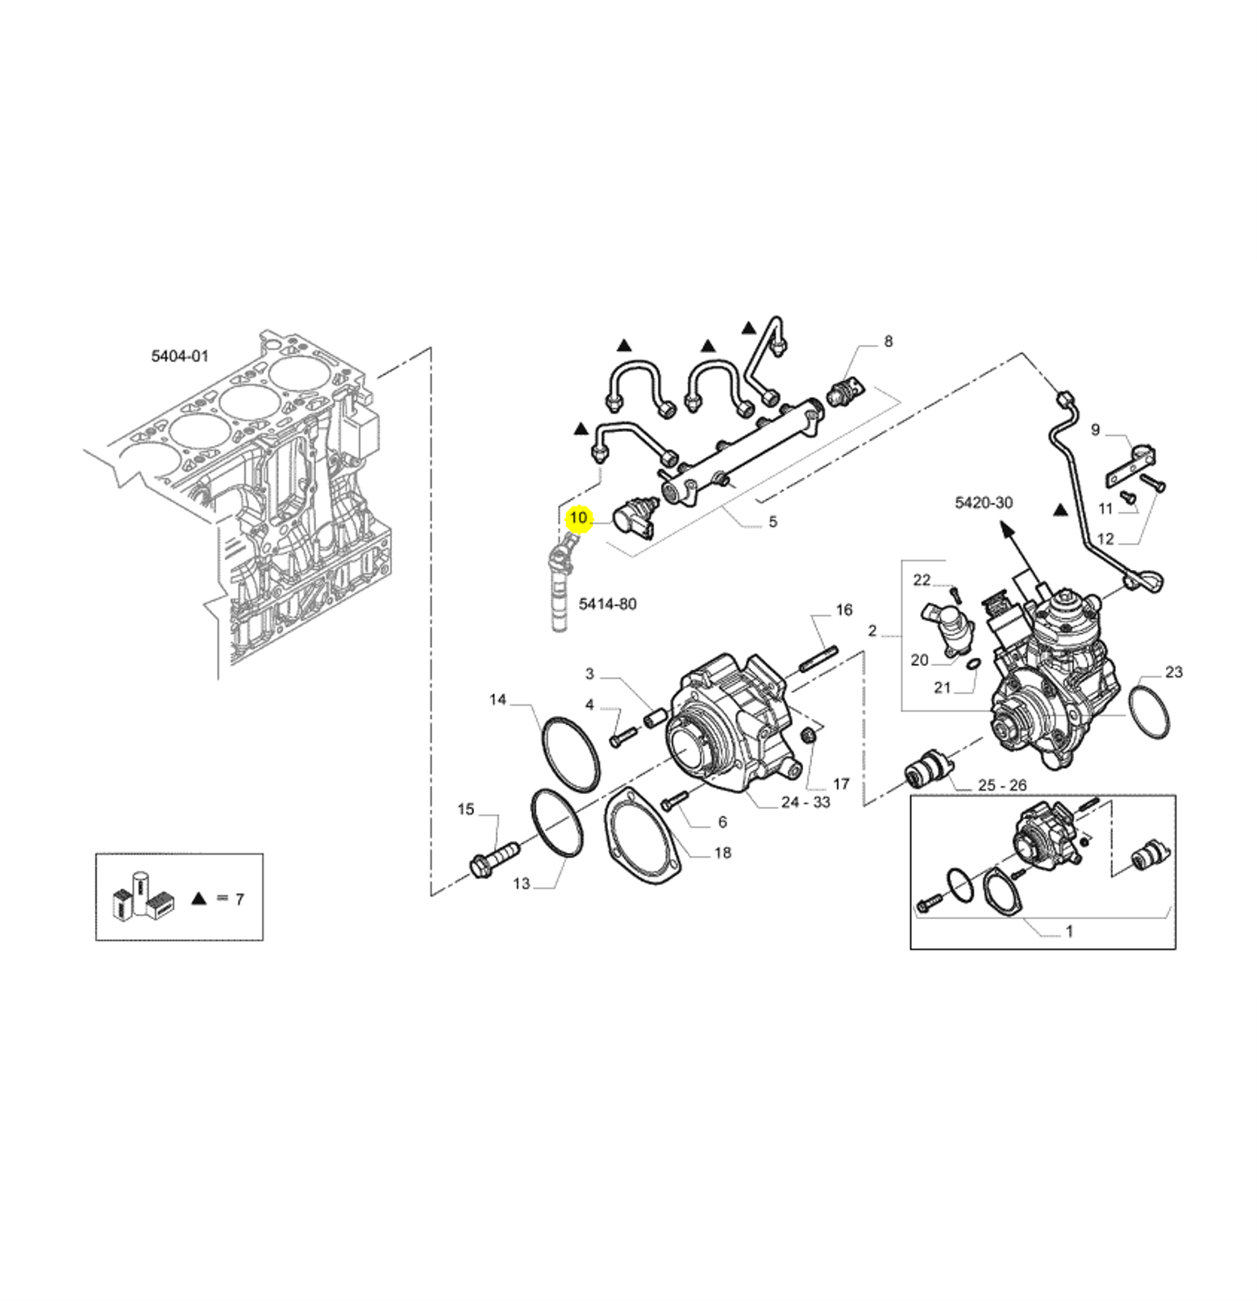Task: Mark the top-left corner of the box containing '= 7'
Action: pos(96,854)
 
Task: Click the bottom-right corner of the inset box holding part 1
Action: pos(1176,949)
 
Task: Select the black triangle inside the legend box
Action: pos(199,898)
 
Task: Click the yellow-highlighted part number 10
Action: pos(579,517)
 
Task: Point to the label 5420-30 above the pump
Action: pos(983,503)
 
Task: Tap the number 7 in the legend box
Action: pos(239,899)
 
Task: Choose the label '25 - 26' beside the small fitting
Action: pos(1001,785)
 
